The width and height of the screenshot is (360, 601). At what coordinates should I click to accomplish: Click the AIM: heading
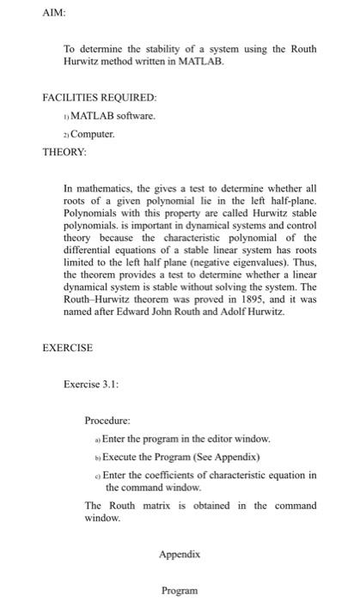click(x=53, y=14)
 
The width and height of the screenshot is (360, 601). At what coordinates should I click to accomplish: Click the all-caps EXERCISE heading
click(x=69, y=349)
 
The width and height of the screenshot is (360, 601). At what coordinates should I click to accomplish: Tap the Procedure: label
click(x=108, y=421)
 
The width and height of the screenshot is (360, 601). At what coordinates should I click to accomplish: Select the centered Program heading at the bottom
click(x=180, y=591)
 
